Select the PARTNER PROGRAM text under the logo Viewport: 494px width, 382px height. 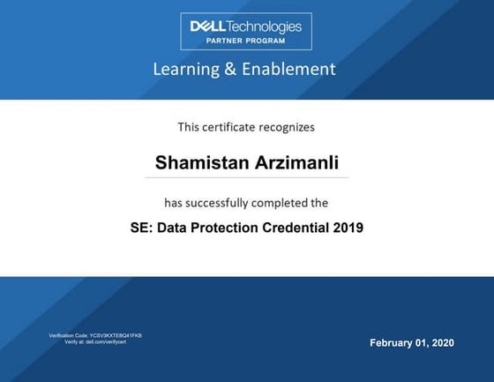coord(246,41)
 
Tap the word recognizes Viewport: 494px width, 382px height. coord(288,127)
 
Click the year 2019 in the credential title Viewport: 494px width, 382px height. coord(348,228)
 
